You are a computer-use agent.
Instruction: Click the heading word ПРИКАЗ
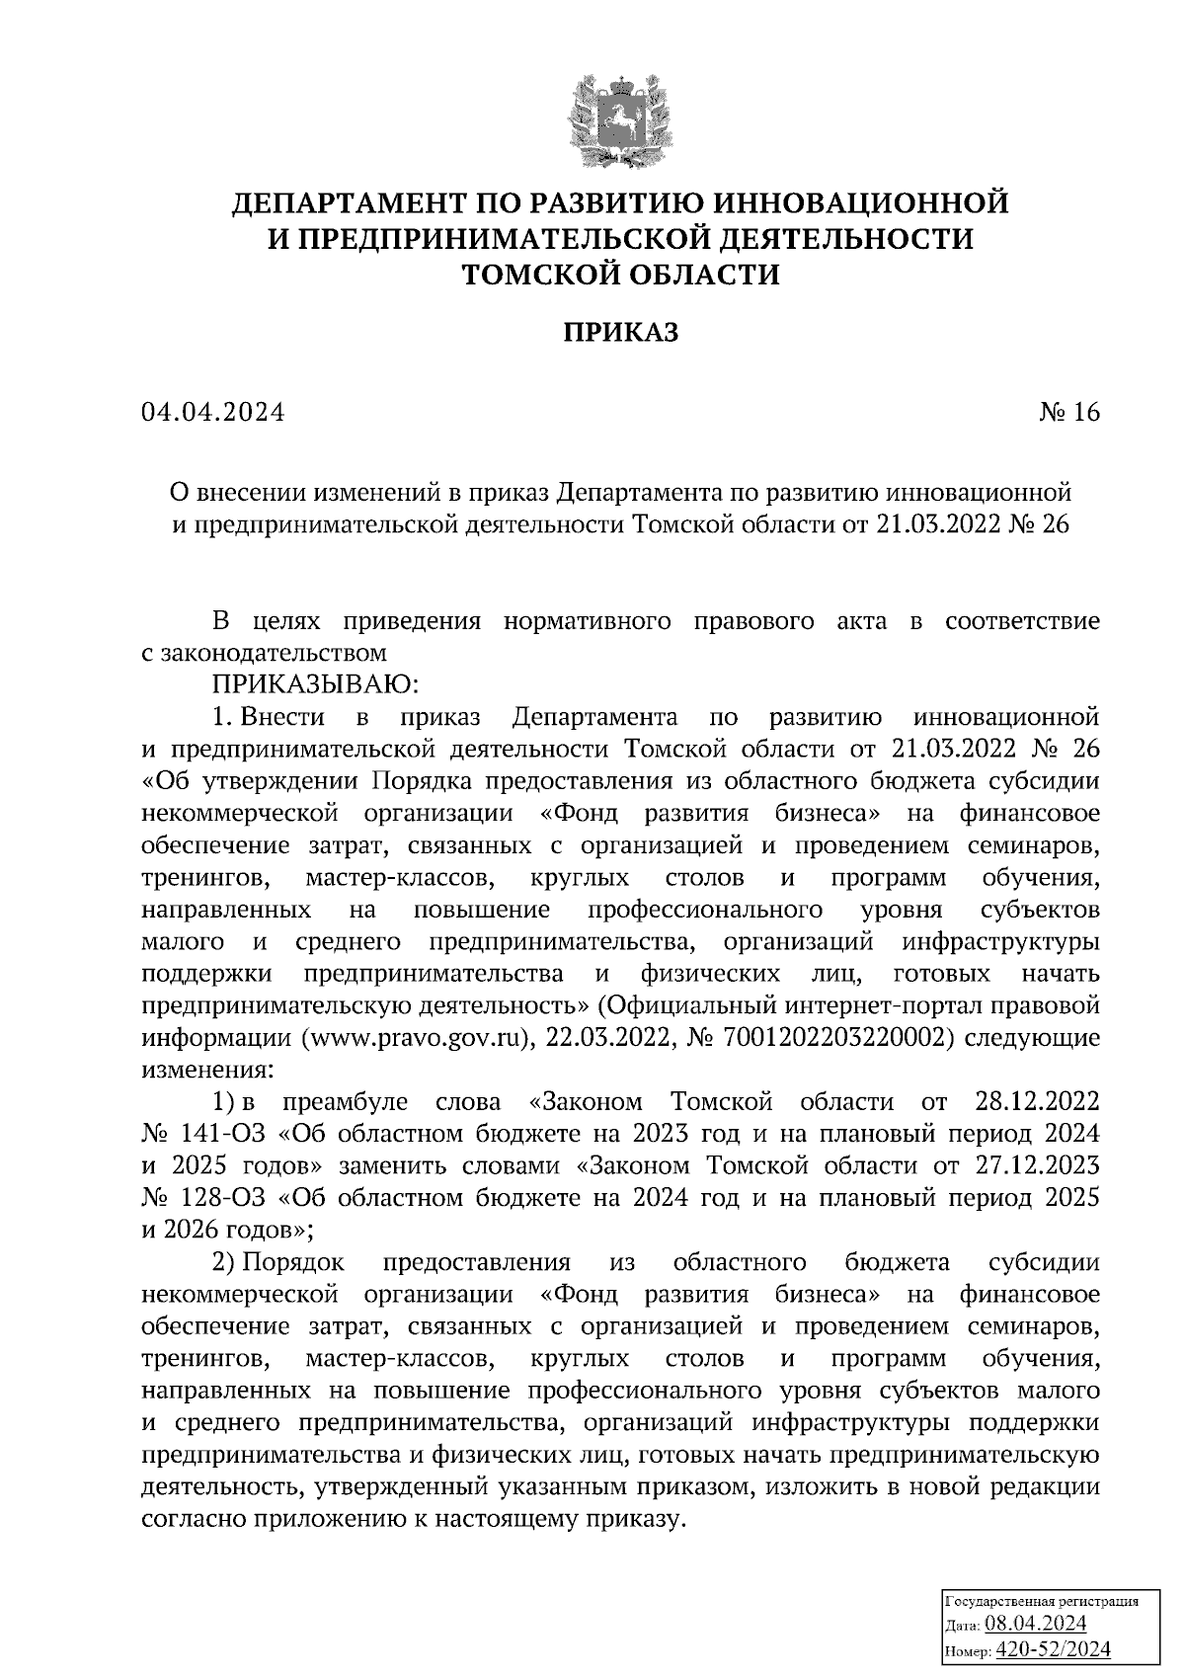coord(621,333)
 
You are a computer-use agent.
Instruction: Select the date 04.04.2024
coord(213,413)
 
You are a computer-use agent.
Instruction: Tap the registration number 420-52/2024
coord(1054,1648)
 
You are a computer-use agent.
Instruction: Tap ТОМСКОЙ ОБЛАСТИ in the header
coord(621,273)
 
